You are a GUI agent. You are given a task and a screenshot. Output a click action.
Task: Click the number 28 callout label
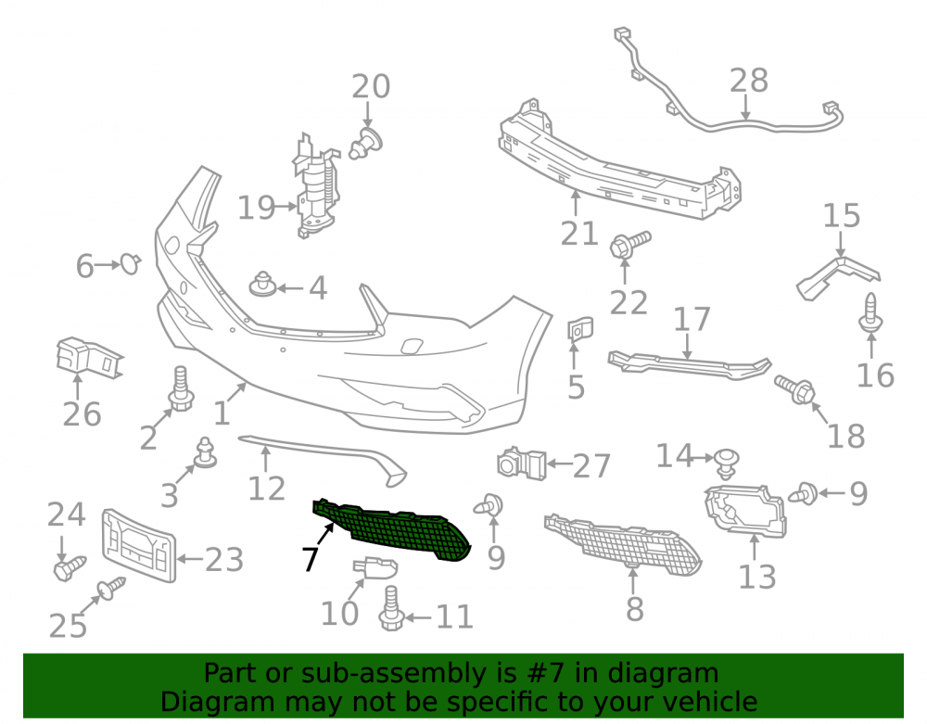(x=748, y=81)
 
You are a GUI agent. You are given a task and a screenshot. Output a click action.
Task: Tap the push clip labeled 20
(x=365, y=143)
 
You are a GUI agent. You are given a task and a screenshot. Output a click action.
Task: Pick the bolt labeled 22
(x=629, y=245)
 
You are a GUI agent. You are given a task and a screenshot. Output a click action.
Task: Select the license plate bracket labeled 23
(x=138, y=545)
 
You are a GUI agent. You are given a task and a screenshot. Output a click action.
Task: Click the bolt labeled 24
(x=70, y=568)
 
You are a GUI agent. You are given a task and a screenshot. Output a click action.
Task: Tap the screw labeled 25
(x=112, y=588)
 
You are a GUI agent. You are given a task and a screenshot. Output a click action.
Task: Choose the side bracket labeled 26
(x=89, y=358)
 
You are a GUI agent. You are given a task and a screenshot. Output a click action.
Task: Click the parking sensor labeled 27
(x=521, y=464)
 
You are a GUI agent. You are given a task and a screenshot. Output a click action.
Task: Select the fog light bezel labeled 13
(x=746, y=510)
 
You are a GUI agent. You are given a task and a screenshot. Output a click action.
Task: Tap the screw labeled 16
(x=870, y=313)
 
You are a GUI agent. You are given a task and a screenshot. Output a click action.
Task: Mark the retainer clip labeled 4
(x=262, y=285)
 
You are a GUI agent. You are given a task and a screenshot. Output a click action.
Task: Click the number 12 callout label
(x=267, y=489)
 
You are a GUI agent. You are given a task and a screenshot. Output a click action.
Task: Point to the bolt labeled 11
(x=390, y=608)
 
